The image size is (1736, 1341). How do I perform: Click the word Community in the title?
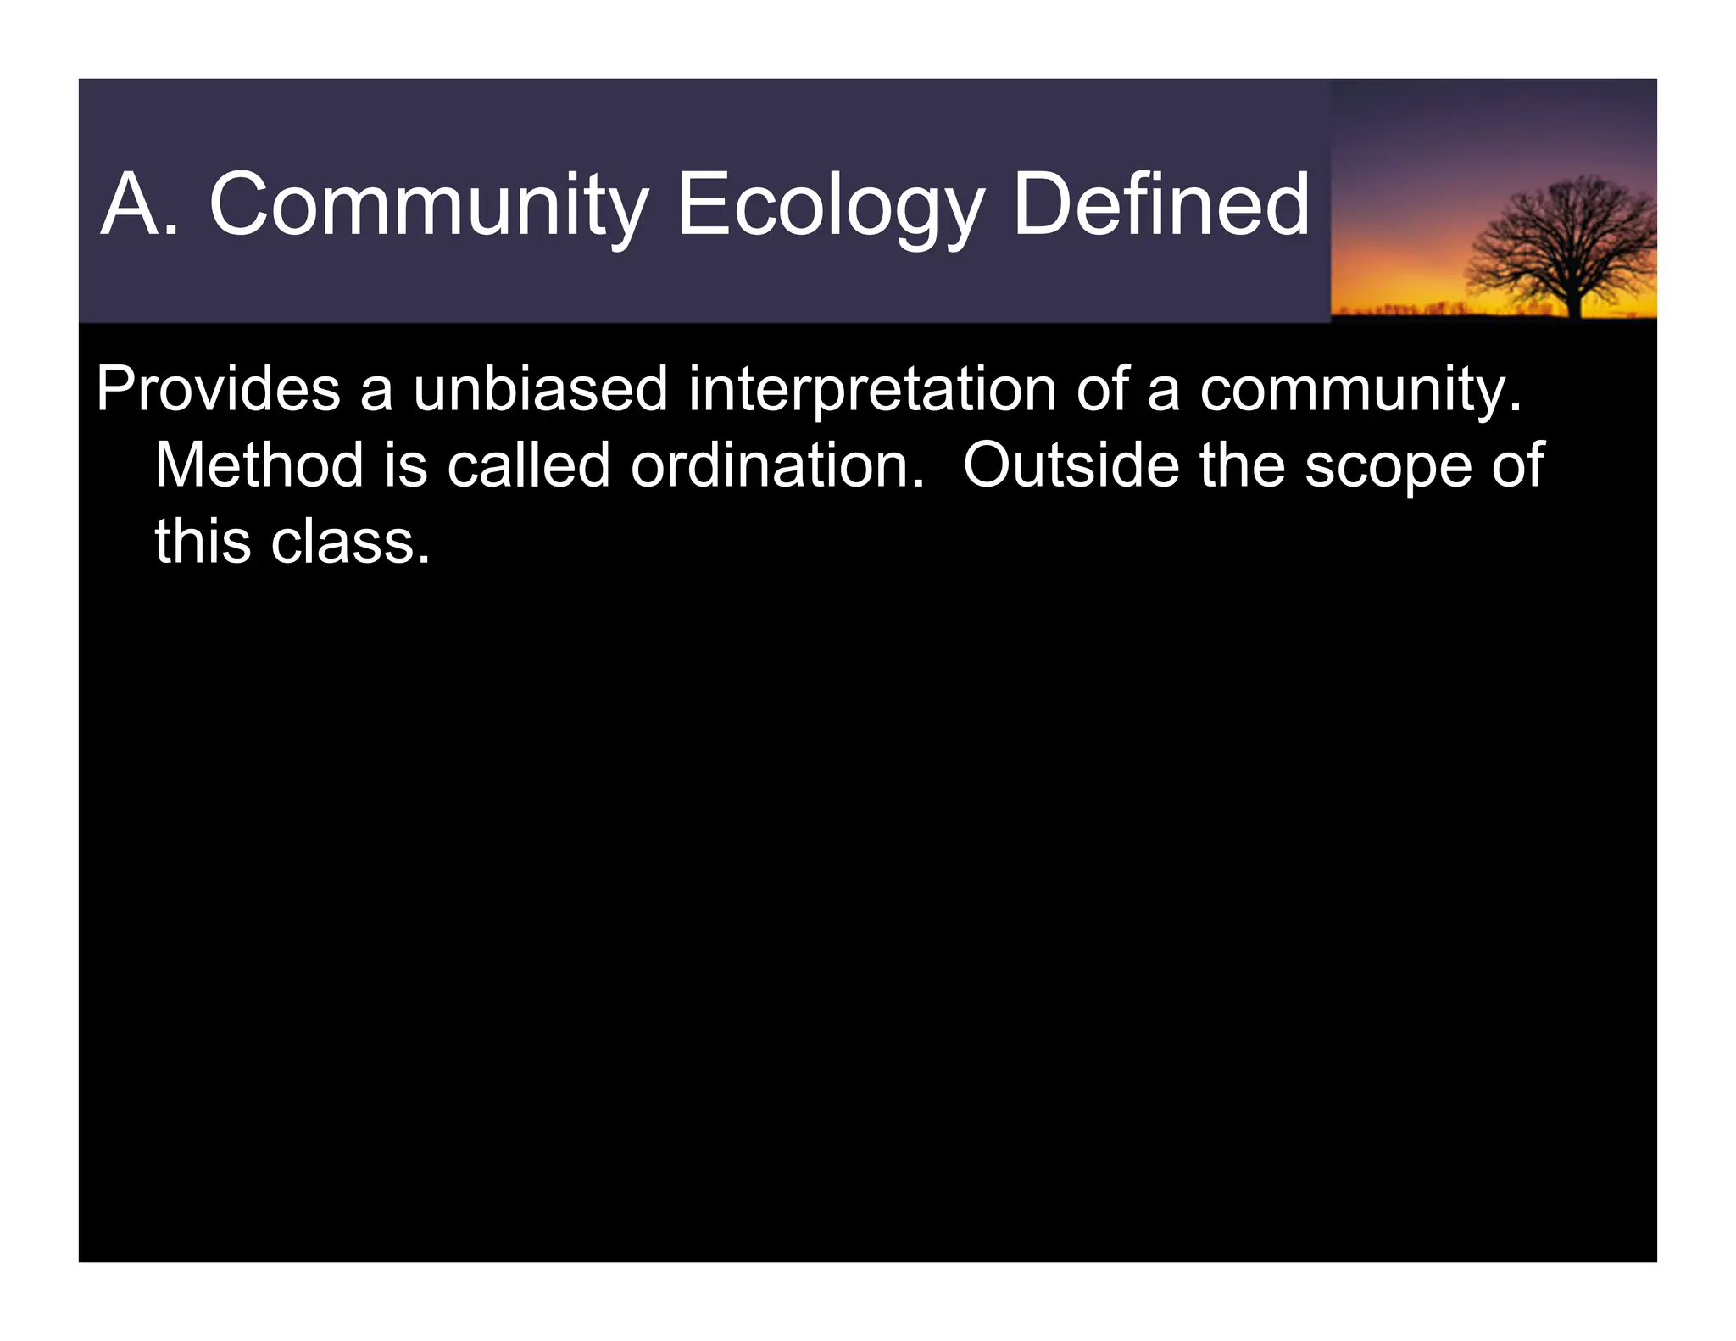click(x=428, y=205)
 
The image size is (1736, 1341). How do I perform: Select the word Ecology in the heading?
click(x=830, y=205)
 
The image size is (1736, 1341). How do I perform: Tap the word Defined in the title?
click(x=1160, y=205)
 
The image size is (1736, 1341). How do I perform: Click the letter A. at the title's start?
click(x=140, y=205)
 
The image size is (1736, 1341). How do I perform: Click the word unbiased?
click(x=540, y=389)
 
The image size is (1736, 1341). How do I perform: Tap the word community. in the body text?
click(x=1360, y=389)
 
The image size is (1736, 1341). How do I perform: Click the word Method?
click(x=259, y=465)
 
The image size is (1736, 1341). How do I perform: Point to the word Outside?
click(x=1071, y=465)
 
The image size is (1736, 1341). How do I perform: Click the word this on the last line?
click(x=203, y=542)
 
